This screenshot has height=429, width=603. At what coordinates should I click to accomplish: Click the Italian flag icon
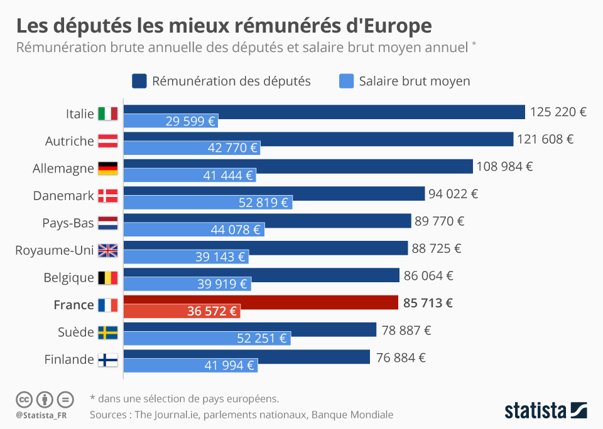(x=108, y=114)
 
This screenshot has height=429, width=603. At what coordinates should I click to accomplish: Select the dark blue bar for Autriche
(x=318, y=139)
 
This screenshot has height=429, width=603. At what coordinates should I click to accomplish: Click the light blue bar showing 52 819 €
(x=208, y=202)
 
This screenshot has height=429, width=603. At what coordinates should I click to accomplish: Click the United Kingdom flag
(x=108, y=250)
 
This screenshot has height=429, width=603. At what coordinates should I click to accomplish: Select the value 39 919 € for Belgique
(x=222, y=283)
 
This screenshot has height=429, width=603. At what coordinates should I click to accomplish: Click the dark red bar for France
(x=261, y=303)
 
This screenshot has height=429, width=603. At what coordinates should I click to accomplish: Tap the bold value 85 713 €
(x=428, y=304)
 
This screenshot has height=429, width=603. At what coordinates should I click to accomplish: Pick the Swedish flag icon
(x=108, y=332)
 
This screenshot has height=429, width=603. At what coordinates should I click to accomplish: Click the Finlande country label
(x=69, y=359)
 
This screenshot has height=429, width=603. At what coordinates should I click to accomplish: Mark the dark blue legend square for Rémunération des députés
(x=139, y=81)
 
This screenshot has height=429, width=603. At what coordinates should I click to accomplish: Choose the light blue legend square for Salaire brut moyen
(x=346, y=81)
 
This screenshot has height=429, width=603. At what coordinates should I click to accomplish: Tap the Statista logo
(x=546, y=411)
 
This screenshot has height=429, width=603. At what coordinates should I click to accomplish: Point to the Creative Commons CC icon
(x=24, y=399)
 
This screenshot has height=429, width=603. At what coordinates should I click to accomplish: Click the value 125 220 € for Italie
(x=558, y=112)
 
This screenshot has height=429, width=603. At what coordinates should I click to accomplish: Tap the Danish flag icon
(x=108, y=196)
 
